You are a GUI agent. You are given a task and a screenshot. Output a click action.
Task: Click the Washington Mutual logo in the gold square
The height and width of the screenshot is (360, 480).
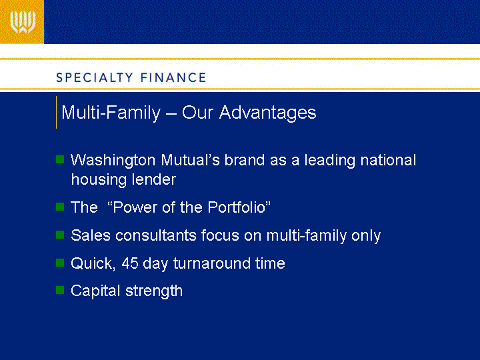point(23,22)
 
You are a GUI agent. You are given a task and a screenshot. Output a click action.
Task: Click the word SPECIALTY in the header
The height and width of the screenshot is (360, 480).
point(95,78)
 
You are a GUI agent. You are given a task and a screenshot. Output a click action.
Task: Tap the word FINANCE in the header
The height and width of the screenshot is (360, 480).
point(173,78)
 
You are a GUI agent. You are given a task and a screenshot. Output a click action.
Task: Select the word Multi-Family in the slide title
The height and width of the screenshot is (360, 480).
point(111,113)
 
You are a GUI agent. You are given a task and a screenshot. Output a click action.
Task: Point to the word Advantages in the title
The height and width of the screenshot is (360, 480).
point(267,113)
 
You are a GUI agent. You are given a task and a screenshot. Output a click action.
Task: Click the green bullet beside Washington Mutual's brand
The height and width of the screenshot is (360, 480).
point(60,159)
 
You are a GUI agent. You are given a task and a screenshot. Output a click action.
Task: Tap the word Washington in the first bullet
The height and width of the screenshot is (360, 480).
point(113,161)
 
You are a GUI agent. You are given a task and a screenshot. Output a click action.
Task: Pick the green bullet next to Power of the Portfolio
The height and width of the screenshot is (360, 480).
point(60,207)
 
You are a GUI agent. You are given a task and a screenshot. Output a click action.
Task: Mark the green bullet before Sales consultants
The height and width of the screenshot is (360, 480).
point(60,235)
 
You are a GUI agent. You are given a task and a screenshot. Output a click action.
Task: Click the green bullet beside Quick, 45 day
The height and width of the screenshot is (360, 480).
point(60,263)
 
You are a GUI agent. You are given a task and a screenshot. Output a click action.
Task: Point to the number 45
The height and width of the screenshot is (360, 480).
point(130,263)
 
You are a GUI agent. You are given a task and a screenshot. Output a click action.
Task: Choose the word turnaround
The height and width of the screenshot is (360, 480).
point(212,263)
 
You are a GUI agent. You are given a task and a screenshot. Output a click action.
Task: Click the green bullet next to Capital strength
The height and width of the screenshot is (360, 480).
point(60,290)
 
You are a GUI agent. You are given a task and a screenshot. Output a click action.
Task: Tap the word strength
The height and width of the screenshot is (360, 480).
point(154,291)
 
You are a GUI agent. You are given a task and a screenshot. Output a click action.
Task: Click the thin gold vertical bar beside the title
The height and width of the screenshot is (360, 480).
point(56,113)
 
